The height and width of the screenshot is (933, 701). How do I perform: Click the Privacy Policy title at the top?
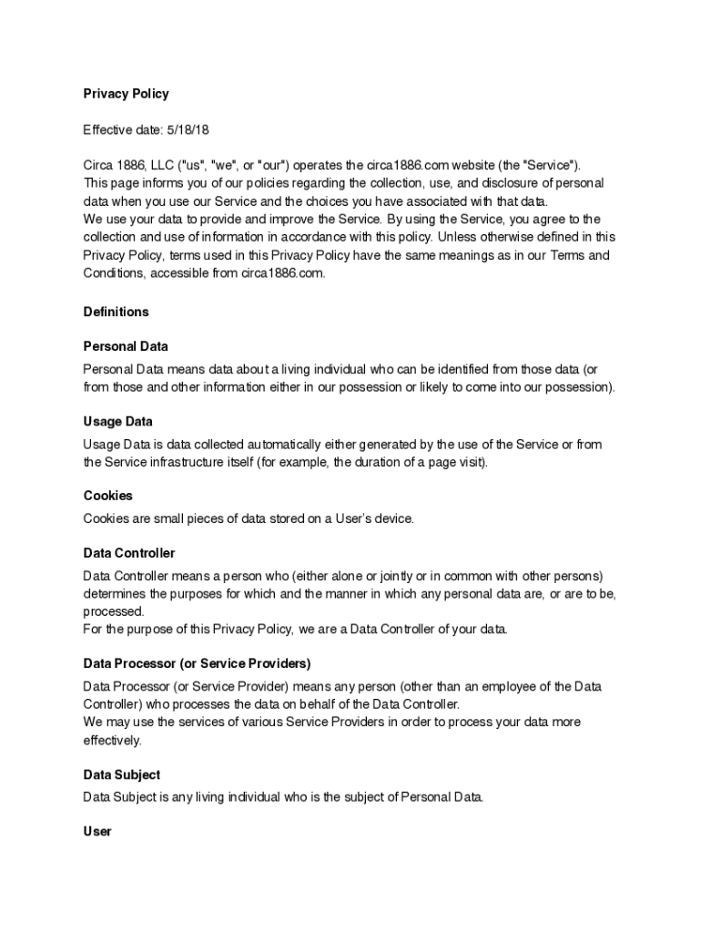pyautogui.click(x=126, y=93)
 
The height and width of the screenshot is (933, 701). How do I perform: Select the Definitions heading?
pyautogui.click(x=116, y=312)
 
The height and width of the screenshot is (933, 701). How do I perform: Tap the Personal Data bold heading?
pyautogui.click(x=126, y=346)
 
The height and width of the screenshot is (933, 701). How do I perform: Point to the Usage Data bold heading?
pyautogui.click(x=117, y=422)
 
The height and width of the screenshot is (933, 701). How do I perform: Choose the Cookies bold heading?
pyautogui.click(x=107, y=496)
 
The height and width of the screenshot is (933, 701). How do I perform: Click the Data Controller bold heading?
pyautogui.click(x=128, y=553)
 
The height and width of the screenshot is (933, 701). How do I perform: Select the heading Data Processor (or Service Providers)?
pyautogui.click(x=197, y=663)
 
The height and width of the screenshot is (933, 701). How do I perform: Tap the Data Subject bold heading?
pyautogui.click(x=121, y=774)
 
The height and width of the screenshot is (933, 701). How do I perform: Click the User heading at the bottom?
pyautogui.click(x=97, y=831)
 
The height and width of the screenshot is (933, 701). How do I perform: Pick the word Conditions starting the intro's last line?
pyautogui.click(x=114, y=272)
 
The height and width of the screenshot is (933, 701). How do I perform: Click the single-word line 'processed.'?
pyautogui.click(x=113, y=611)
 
